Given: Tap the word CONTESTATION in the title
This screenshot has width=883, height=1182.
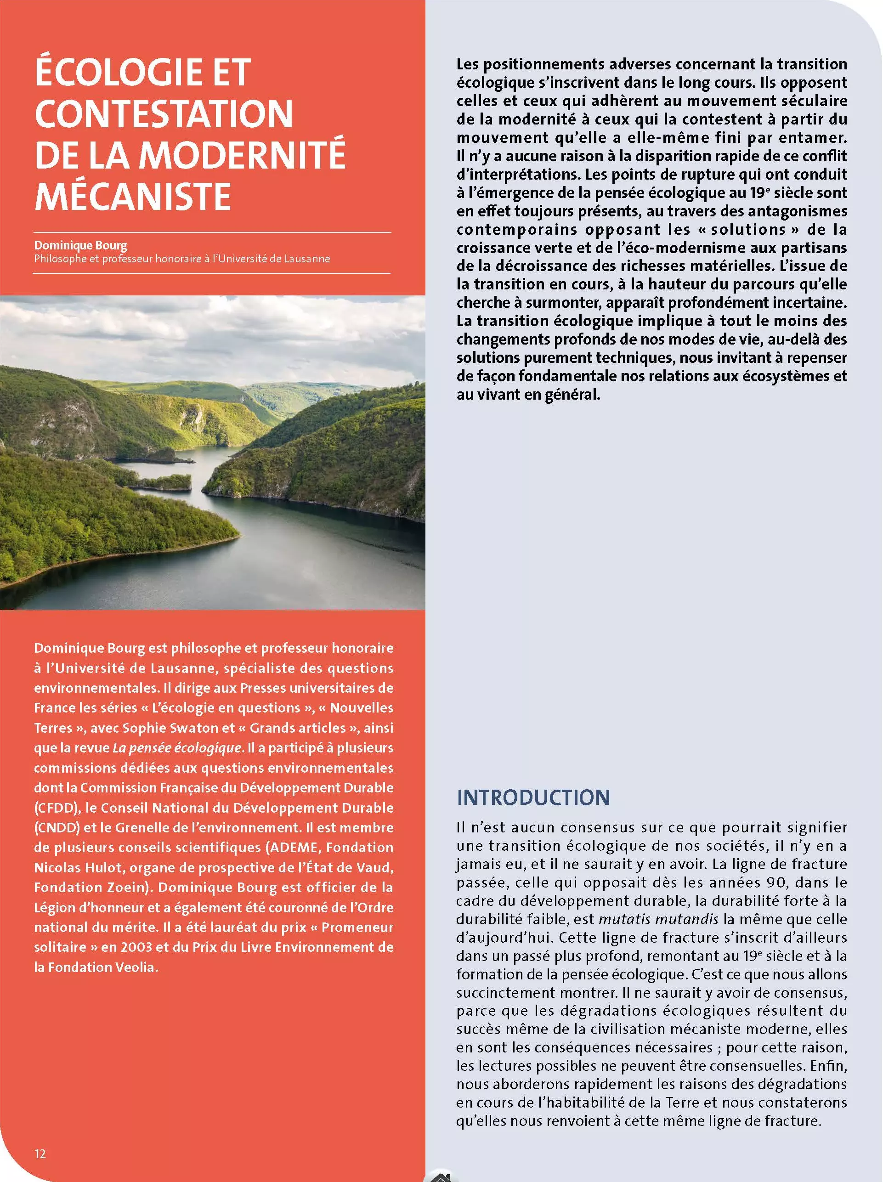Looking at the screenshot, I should (164, 114).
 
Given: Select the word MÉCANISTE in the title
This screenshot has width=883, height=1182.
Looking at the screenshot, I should (133, 197).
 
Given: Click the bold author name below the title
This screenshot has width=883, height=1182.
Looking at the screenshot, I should (81, 245).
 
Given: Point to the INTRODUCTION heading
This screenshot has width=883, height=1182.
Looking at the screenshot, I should (533, 797).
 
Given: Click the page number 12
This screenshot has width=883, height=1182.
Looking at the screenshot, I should (40, 1154).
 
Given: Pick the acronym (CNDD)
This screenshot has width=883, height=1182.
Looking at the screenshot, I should (57, 828).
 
